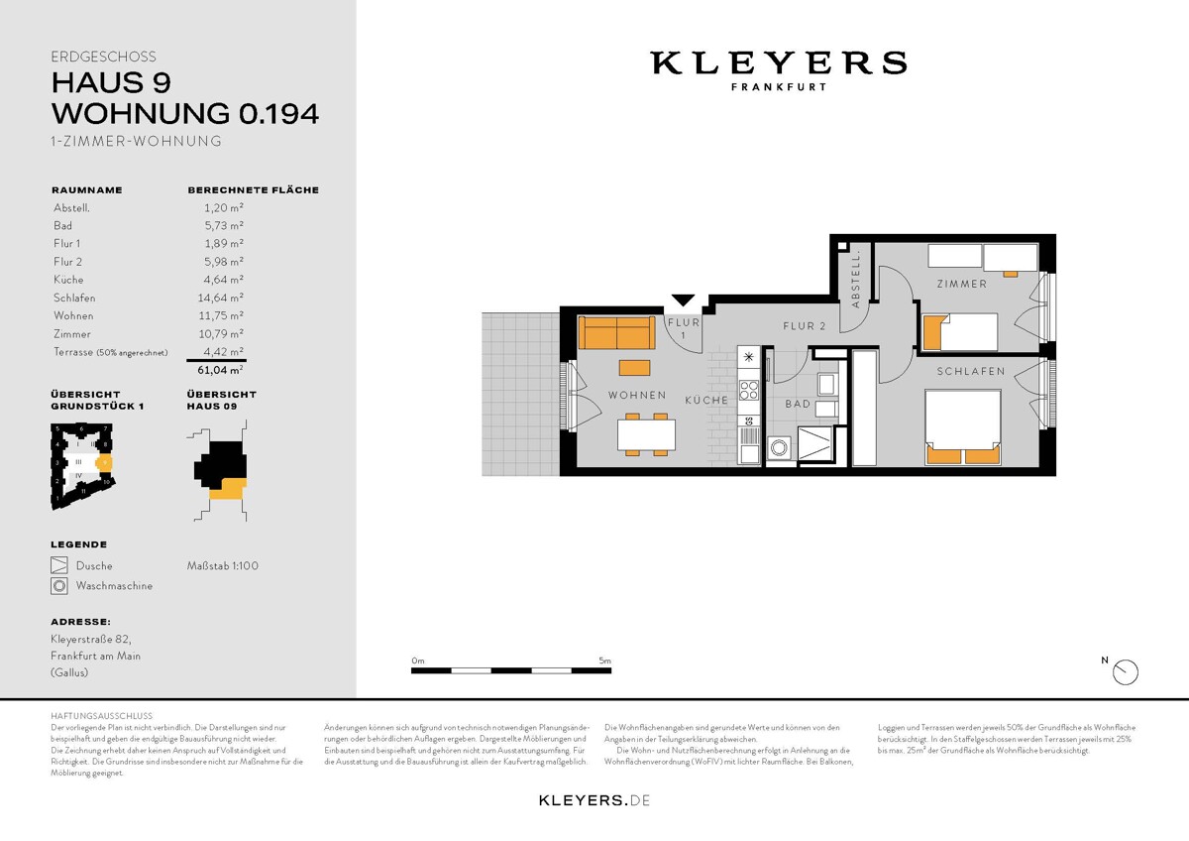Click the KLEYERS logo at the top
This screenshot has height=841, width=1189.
[x=778, y=63]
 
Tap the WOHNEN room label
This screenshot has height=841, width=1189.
[x=637, y=396]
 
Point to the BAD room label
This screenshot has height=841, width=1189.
[x=798, y=405]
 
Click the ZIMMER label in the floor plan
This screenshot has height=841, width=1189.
[x=962, y=285]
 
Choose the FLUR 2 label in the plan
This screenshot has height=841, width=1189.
[x=804, y=326]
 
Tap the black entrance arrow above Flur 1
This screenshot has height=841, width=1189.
[x=683, y=300]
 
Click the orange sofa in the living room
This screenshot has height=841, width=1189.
[x=615, y=334]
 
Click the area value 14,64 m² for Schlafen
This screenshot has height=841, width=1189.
[x=222, y=298]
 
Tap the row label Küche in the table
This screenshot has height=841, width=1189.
[x=68, y=280]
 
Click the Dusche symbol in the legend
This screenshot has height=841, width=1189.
[x=58, y=566]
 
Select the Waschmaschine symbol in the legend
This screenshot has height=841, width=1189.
[x=58, y=586]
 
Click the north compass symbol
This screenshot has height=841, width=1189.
[x=1126, y=672]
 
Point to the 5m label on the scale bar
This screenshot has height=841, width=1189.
[x=604, y=661]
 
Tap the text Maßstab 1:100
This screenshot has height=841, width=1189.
[x=223, y=566]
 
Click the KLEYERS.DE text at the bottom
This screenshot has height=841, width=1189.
[x=594, y=799]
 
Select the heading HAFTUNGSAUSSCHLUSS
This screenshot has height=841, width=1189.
[x=101, y=715]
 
